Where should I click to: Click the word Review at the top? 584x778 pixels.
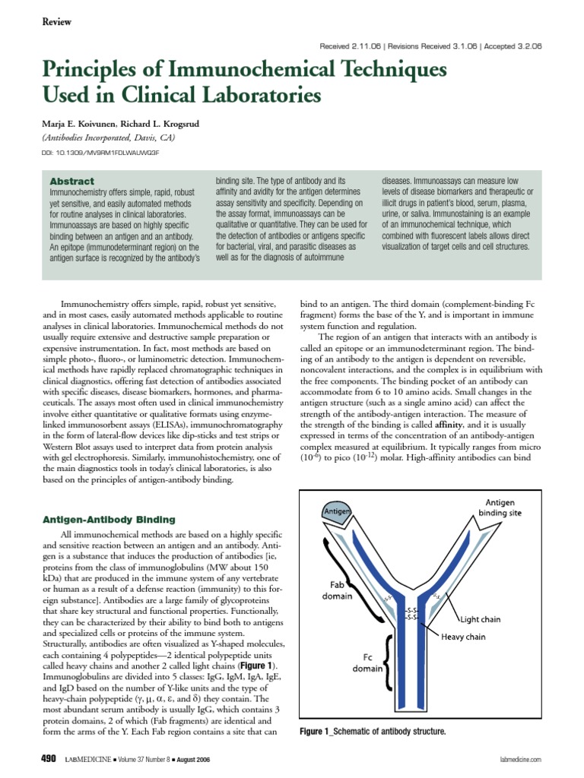coord(56,22)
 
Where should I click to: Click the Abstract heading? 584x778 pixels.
coord(71,182)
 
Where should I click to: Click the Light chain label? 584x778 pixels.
coord(488,620)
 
